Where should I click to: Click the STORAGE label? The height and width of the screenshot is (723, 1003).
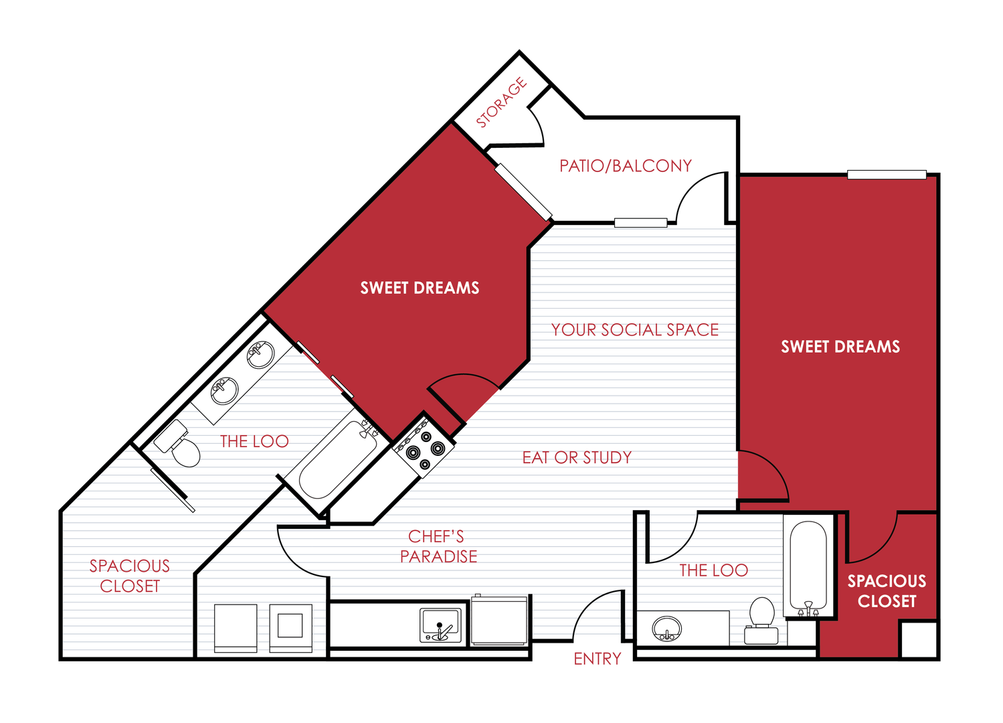(501, 102)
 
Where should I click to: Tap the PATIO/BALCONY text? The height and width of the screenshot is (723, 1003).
(626, 166)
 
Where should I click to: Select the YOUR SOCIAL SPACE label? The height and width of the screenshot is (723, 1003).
(634, 330)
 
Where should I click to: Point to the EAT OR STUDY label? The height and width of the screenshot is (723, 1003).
(577, 458)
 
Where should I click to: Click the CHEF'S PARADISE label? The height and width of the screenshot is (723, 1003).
(438, 546)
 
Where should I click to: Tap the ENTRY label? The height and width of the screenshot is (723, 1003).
(597, 659)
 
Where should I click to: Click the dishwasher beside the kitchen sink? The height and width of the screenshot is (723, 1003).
(499, 621)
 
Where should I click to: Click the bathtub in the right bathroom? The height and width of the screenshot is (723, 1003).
(808, 566)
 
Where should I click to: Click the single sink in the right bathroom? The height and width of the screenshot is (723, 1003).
(666, 629)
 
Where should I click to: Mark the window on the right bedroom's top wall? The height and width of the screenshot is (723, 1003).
(887, 175)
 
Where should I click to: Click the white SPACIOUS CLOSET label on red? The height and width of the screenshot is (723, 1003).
(887, 591)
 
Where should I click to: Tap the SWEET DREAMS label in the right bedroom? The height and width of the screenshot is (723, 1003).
(840, 347)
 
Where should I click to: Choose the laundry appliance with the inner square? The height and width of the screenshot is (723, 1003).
(290, 627)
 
